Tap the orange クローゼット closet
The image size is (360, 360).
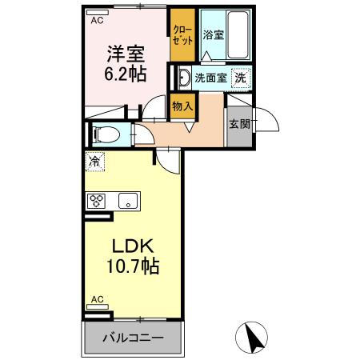point(182,36)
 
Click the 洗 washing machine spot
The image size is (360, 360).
point(240,78)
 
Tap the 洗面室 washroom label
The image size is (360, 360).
point(210,78)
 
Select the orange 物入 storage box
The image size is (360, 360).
point(182,106)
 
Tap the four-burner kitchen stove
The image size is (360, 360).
point(97,201)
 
